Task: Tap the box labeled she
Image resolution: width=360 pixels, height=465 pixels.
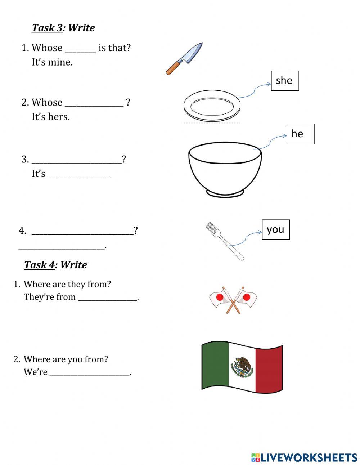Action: pos(285,80)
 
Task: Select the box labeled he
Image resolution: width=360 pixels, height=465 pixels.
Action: pos(300,134)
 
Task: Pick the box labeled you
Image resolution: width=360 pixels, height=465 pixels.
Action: pos(275,229)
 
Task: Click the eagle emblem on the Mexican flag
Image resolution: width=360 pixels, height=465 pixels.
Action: pos(242,367)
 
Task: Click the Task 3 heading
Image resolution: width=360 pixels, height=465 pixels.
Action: pos(63,28)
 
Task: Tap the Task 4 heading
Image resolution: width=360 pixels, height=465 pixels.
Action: pos(55,265)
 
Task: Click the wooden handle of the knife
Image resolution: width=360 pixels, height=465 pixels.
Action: pos(173,68)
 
